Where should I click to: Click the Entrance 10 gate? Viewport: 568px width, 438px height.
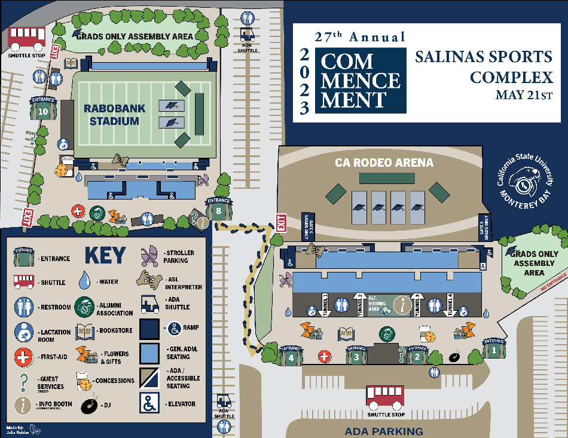click(42, 109)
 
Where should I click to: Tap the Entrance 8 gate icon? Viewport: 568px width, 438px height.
click(219, 209)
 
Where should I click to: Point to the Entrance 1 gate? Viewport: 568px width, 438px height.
click(494, 349)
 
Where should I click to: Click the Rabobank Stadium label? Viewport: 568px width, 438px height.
click(111, 115)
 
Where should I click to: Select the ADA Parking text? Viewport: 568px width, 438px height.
click(384, 431)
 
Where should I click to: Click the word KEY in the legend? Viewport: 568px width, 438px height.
click(105, 255)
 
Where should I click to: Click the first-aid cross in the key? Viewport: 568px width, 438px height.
click(23, 357)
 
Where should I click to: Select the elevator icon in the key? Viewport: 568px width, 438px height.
click(149, 403)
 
